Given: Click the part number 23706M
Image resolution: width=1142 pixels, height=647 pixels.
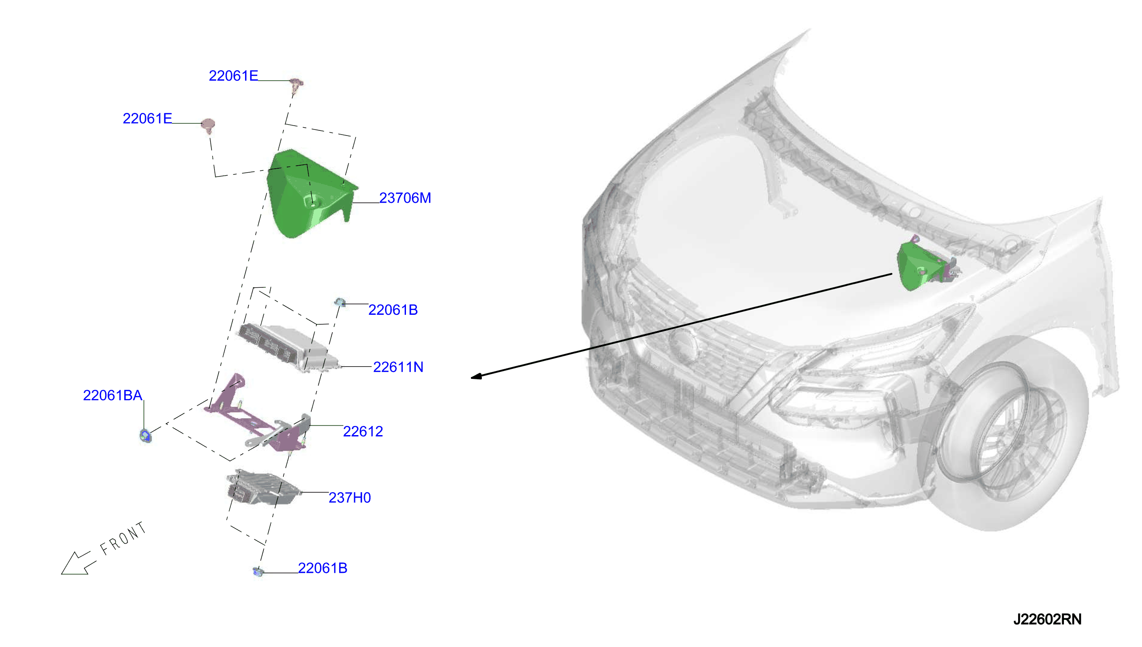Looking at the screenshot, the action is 405,198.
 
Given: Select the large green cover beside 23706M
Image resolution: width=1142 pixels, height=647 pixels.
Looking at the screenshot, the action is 307,194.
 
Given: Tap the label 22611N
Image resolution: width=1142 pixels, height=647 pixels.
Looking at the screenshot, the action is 398,367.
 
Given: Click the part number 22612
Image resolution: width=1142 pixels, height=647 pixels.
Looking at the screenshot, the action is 363,432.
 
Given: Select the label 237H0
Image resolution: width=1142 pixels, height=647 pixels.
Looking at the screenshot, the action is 350,498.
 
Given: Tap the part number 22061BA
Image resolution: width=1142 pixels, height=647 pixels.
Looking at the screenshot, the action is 112,395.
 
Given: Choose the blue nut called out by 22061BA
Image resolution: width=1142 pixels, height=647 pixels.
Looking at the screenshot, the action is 145,436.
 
